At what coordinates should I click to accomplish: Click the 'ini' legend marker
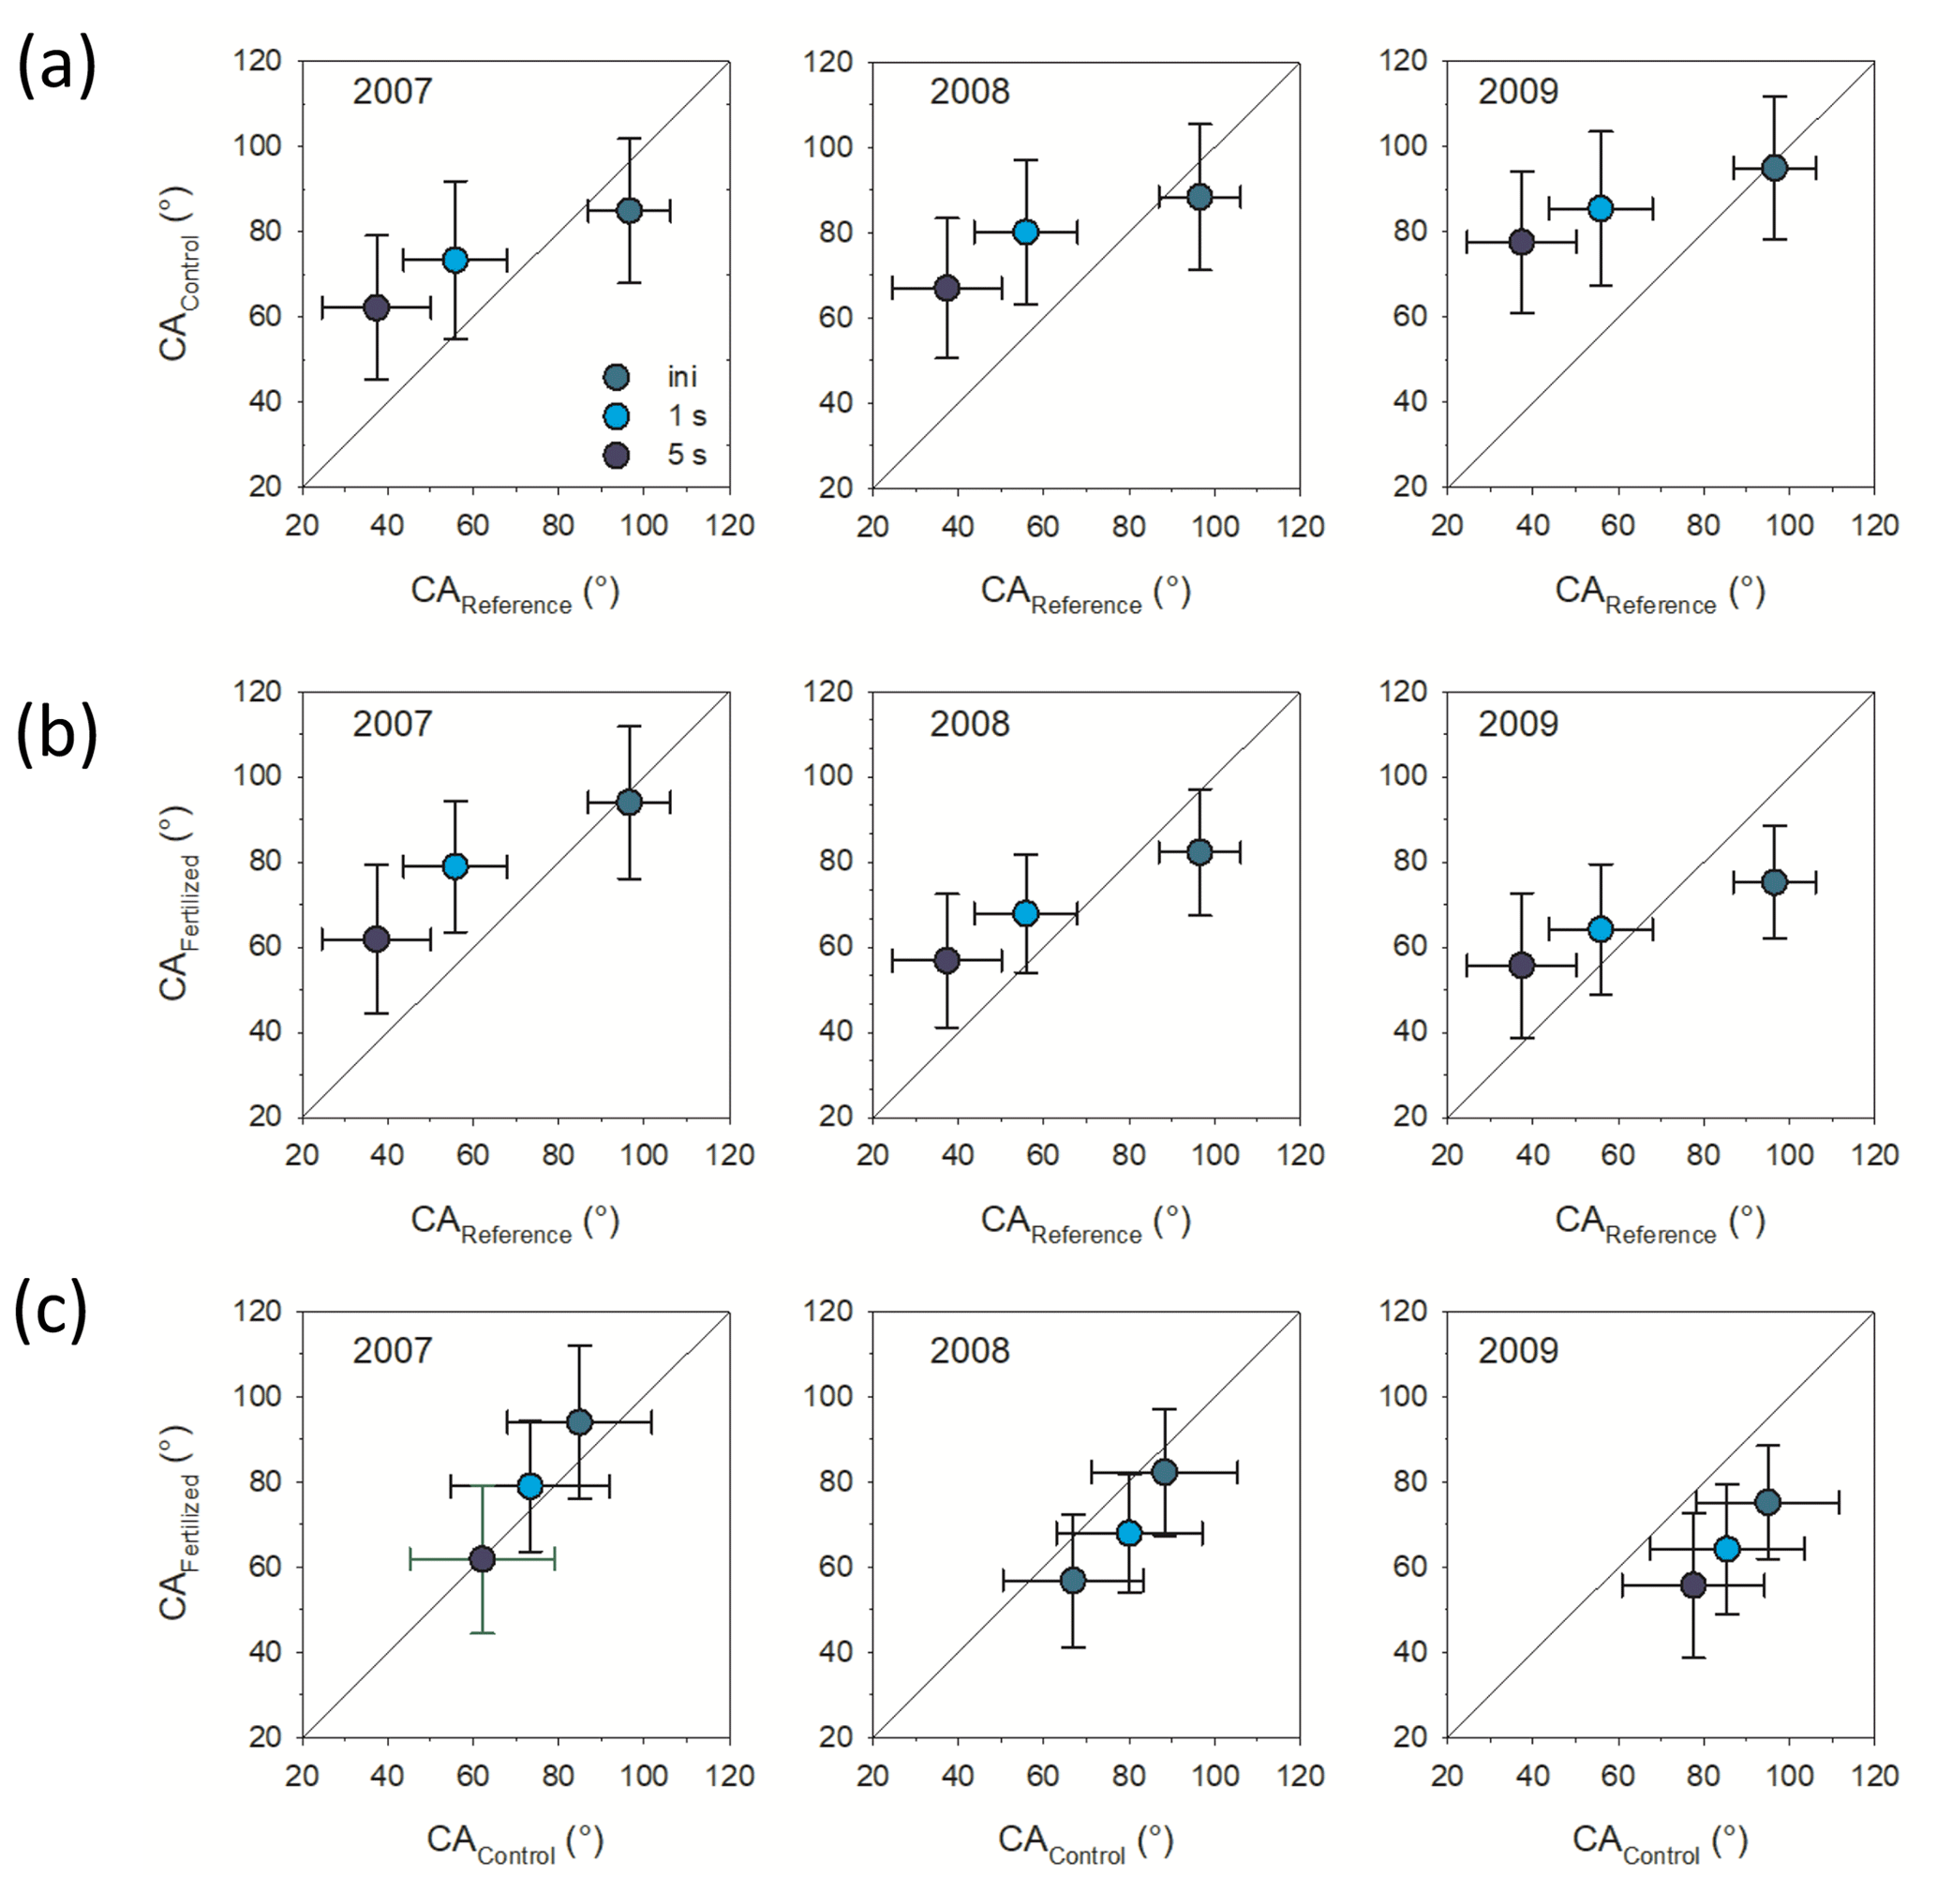tap(616, 378)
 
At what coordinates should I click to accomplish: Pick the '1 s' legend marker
tap(616, 416)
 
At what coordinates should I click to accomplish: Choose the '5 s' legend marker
tap(616, 455)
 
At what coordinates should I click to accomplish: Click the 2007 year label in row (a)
tap(393, 92)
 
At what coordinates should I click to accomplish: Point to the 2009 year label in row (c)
tap(1518, 1350)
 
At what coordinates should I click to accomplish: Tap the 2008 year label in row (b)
tap(969, 724)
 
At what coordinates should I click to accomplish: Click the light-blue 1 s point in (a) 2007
tap(454, 261)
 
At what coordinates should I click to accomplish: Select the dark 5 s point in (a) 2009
tap(1521, 243)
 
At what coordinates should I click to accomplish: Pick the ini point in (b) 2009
tap(1774, 881)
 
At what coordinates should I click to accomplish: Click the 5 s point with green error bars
tap(482, 1559)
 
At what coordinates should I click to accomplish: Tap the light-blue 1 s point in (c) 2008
tap(1128, 1533)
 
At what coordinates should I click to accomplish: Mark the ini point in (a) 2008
tap(1199, 197)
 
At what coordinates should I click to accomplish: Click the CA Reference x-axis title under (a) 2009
tap(1659, 593)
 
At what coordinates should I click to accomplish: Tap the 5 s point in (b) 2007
tap(377, 939)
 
